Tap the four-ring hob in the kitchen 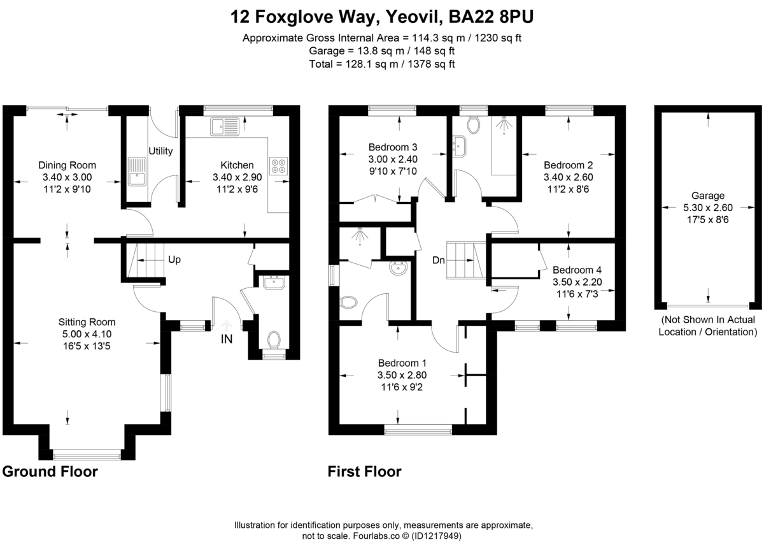tap(278, 166)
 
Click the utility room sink tap(136, 170)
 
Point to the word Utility tap(160, 151)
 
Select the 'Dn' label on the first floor tap(439, 260)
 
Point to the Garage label tap(707, 196)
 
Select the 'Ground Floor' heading tap(50, 472)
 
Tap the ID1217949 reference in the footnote tap(437, 536)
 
